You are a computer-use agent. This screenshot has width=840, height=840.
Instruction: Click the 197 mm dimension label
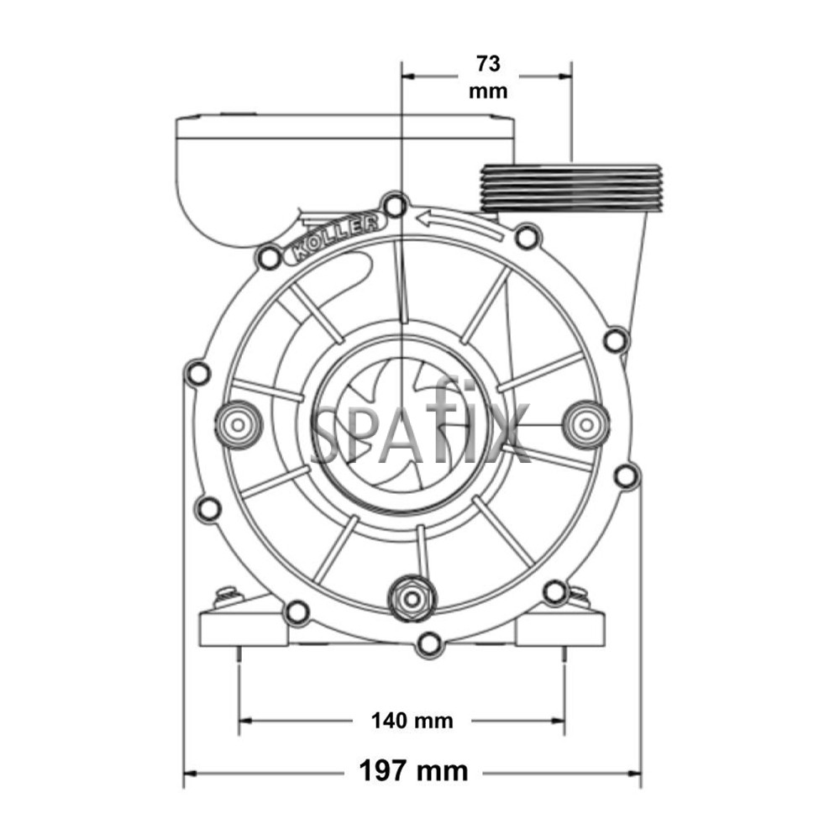pyautogui.click(x=413, y=772)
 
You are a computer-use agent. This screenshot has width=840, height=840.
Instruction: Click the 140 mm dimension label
pyautogui.click(x=412, y=721)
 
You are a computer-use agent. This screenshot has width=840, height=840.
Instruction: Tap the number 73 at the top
pyautogui.click(x=488, y=64)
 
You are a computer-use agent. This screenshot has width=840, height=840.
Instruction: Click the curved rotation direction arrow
pyautogui.click(x=459, y=224)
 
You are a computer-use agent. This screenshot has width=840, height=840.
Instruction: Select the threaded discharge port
pyautogui.click(x=571, y=187)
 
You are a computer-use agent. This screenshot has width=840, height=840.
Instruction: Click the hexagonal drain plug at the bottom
pyautogui.click(x=412, y=597)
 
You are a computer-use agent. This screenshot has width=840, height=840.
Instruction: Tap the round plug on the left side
pyautogui.click(x=238, y=425)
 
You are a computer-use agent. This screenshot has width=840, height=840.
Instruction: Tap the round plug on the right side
pyautogui.click(x=587, y=425)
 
